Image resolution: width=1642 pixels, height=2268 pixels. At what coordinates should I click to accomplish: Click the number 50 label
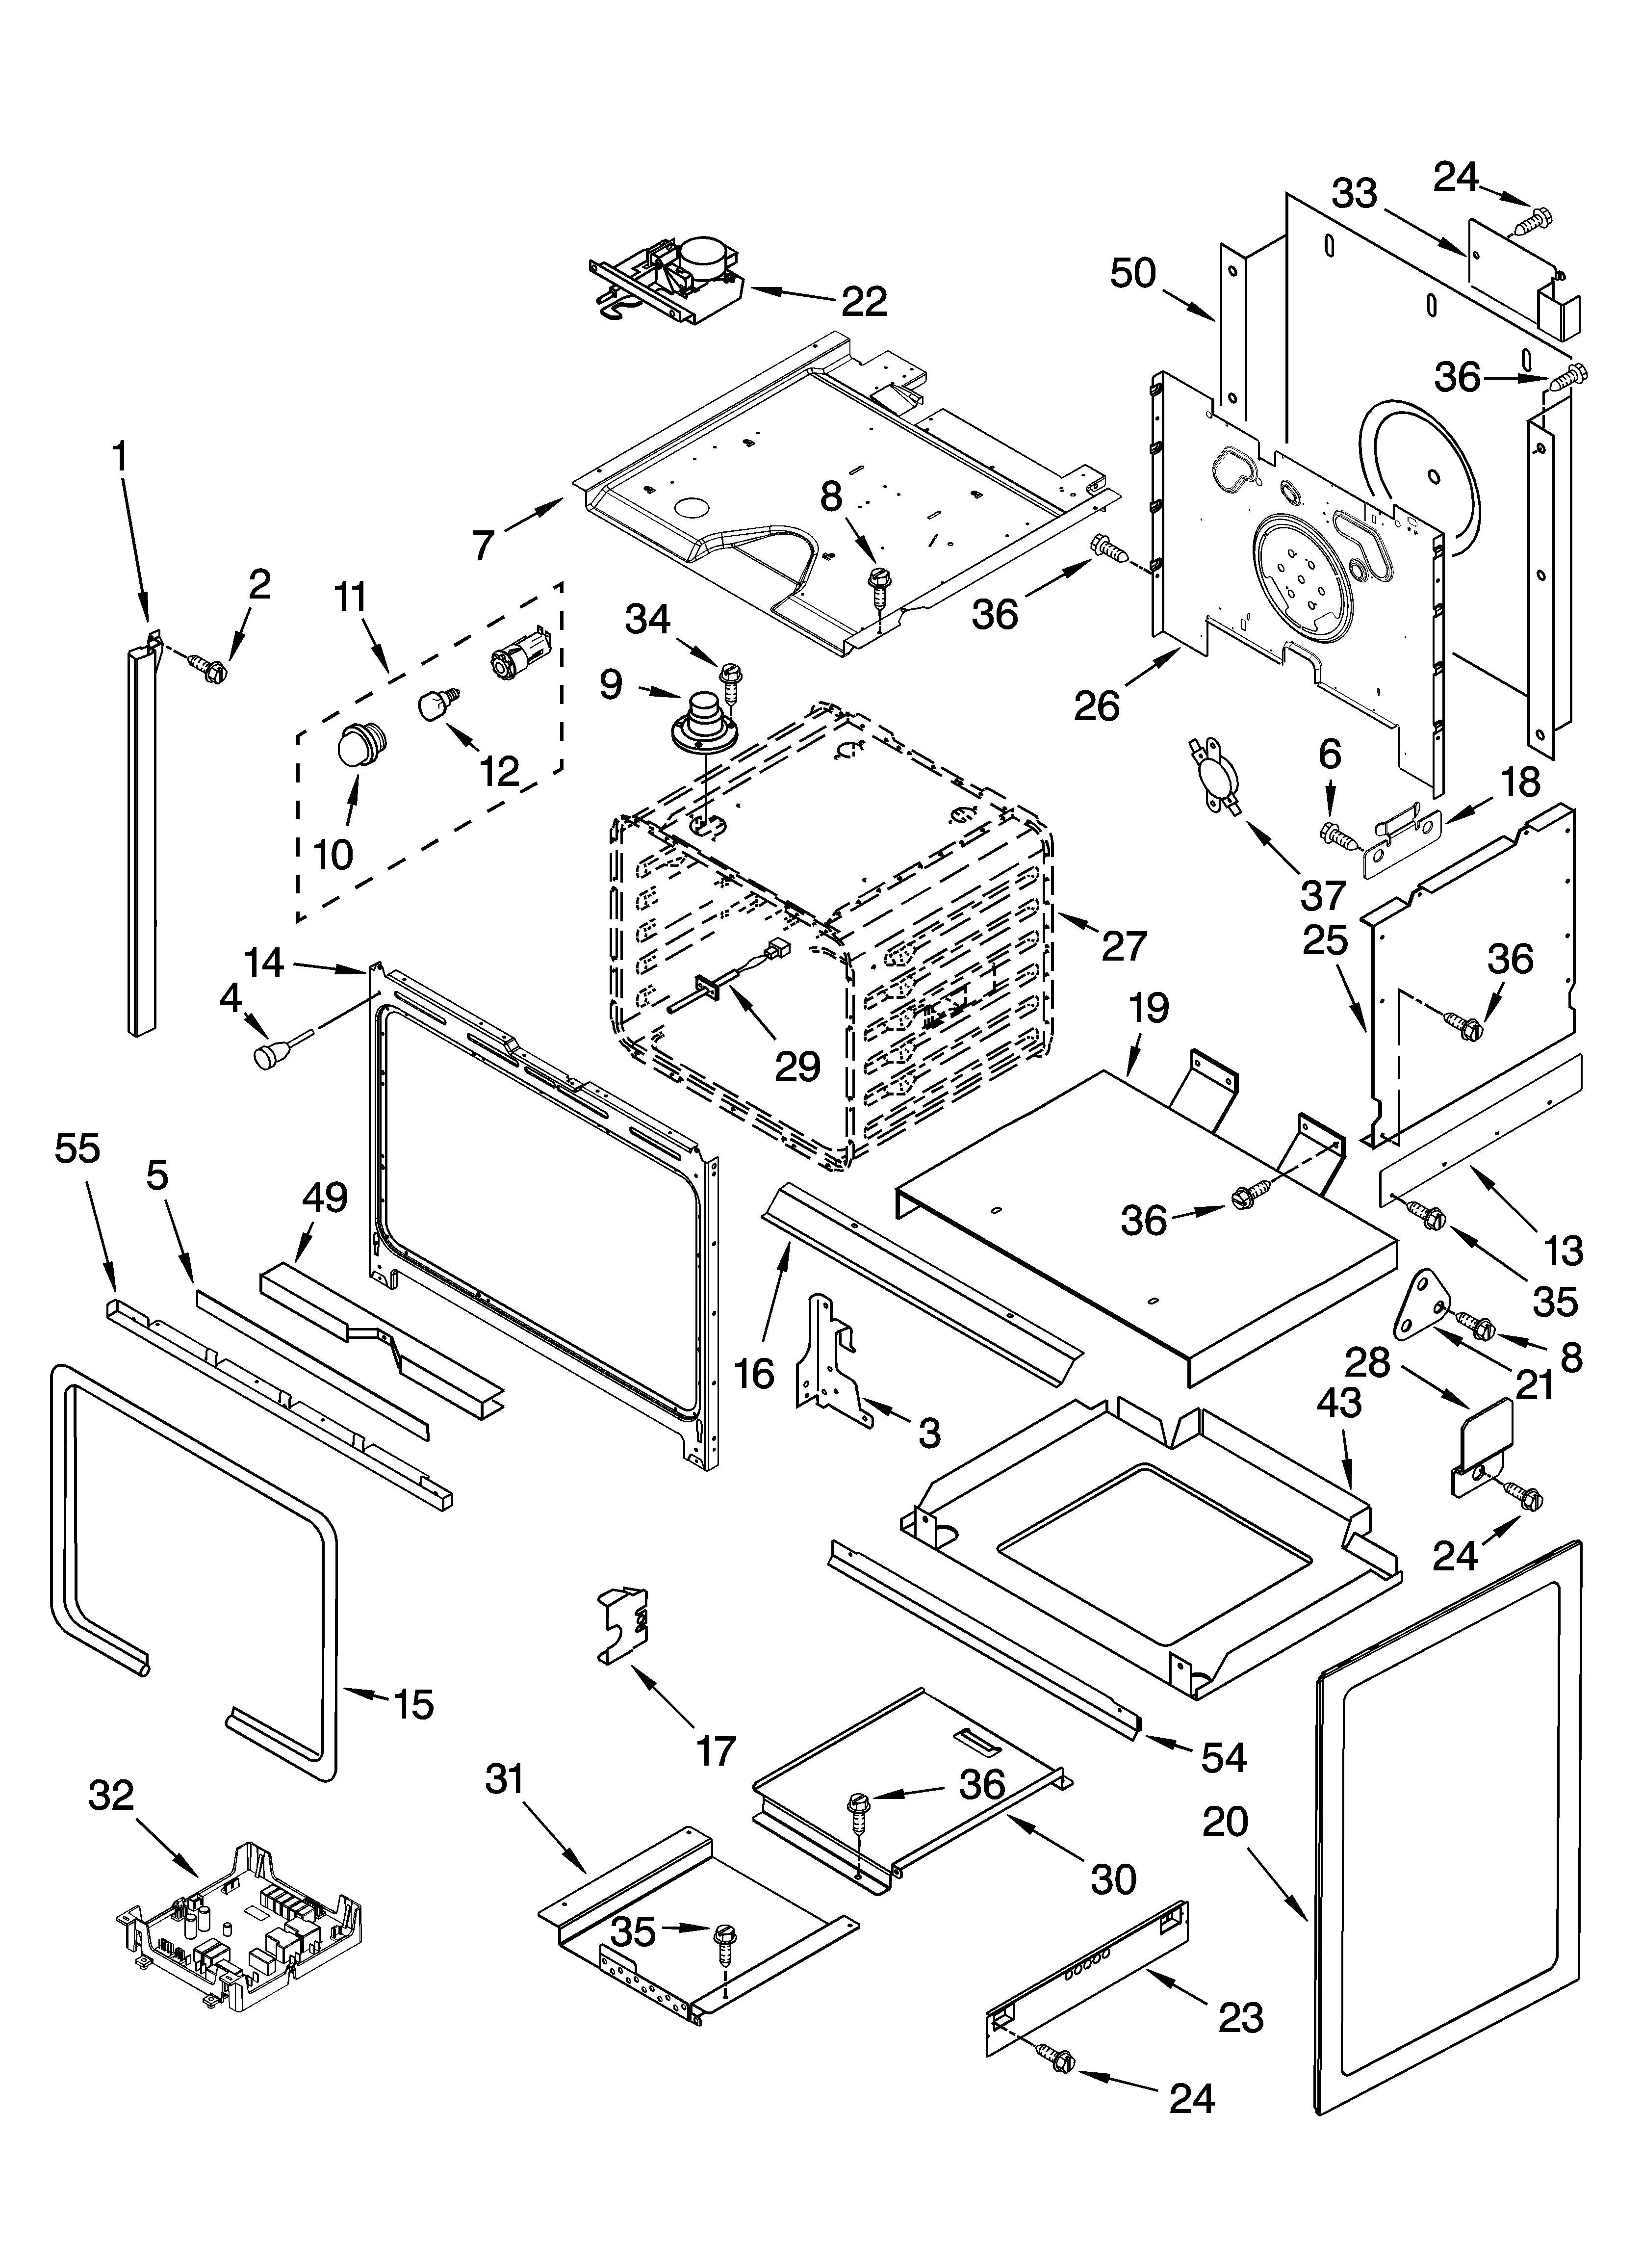point(1133,273)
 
